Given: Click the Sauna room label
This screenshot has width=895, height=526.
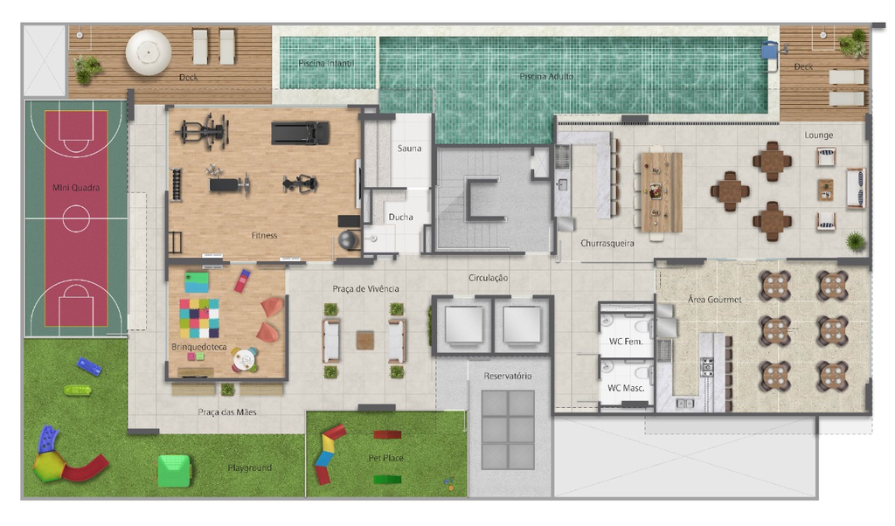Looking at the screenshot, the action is (x=409, y=149).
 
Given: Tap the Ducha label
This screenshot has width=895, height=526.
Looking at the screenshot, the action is (x=400, y=217).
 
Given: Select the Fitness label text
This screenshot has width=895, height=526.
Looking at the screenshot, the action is (x=264, y=235).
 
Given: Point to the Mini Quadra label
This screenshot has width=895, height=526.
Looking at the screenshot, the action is (x=76, y=187).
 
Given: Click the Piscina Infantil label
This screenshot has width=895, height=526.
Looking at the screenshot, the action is (x=326, y=63).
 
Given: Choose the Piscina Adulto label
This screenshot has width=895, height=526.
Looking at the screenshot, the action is (x=546, y=76).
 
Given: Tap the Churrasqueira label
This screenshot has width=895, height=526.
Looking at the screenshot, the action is (x=607, y=243).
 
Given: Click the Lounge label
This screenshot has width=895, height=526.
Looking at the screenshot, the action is (x=818, y=135).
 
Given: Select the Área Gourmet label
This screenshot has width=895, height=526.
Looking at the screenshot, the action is (x=715, y=299).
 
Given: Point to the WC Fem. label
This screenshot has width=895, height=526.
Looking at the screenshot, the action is (x=626, y=341).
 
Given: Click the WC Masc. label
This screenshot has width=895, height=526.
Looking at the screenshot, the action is (x=626, y=388).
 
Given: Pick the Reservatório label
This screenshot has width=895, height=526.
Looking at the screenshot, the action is (x=508, y=376).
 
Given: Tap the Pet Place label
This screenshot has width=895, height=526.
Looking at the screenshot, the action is (x=385, y=458).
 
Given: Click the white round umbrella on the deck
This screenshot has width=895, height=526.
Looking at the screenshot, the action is (x=149, y=52).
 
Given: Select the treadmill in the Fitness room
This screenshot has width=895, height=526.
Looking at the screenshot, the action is (x=301, y=133).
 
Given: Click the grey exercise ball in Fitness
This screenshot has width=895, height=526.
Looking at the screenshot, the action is (x=349, y=239).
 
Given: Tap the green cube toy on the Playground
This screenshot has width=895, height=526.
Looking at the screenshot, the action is (x=174, y=471).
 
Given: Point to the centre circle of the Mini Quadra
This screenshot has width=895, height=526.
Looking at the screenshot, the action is (x=76, y=218).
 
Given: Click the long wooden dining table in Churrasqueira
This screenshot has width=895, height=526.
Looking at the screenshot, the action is (x=662, y=192).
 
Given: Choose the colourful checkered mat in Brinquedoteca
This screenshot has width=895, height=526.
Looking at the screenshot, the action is (x=199, y=318).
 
